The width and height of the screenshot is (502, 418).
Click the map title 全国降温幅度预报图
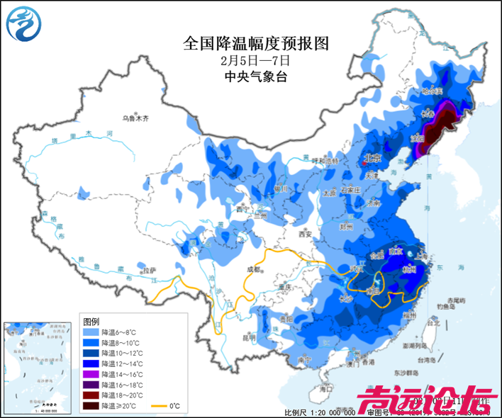tap(256, 44)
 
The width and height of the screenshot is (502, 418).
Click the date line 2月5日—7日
tap(256, 61)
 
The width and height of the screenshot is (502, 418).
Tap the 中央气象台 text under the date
tap(256, 77)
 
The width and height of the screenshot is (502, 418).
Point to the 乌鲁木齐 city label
tap(135, 118)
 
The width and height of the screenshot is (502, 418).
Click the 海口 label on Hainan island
tap(325, 389)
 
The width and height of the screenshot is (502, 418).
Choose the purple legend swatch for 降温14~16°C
tap(90, 374)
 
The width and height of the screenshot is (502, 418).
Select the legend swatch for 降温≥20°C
tap(90, 406)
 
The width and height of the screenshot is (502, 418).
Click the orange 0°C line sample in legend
tap(156, 406)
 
